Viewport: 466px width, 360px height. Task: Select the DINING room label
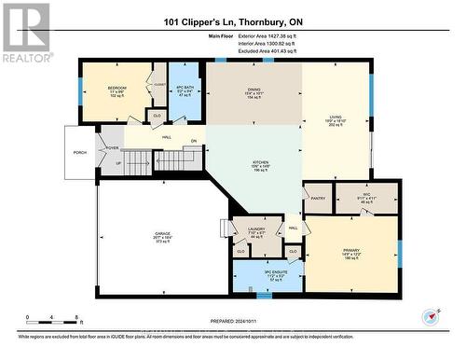(253, 91)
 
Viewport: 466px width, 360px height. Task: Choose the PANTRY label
(318, 198)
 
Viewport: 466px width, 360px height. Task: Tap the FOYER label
(111, 148)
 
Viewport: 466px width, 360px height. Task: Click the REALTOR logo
(25, 32)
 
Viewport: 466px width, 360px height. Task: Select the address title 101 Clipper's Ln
(233, 23)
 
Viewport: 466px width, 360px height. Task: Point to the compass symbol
(430, 316)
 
